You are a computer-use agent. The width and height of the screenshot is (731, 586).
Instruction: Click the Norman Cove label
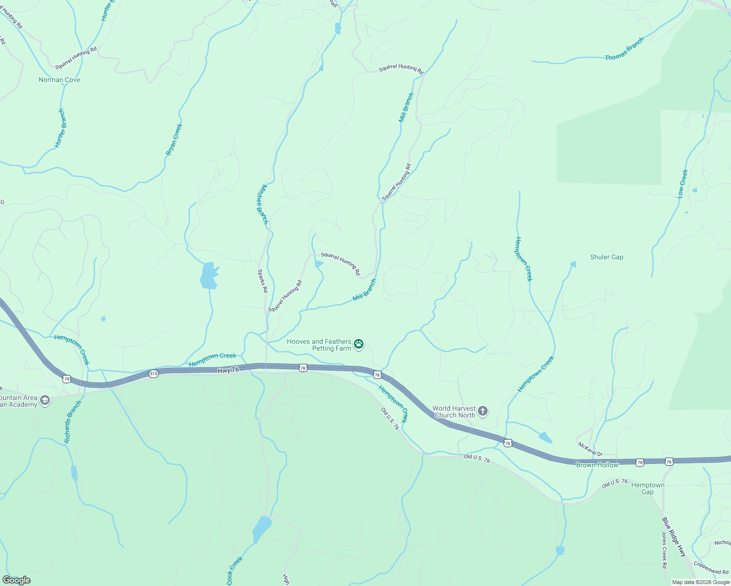[x=59, y=80]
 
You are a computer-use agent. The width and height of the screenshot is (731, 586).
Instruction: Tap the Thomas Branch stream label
[x=624, y=50]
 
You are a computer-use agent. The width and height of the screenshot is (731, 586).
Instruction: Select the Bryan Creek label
[x=174, y=140]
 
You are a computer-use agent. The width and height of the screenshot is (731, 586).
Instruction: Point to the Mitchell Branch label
[x=262, y=204]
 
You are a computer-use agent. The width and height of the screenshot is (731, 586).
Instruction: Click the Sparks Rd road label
[x=262, y=281]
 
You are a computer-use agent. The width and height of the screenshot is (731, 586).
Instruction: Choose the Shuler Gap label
[x=606, y=257]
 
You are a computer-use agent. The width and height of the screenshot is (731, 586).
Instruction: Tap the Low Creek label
[x=683, y=184]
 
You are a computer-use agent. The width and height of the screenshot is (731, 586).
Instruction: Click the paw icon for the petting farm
[x=359, y=344]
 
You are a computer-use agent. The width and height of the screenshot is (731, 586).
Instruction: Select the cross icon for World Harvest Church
[x=482, y=411]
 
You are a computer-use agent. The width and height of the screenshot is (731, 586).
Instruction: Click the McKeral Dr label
[x=590, y=449]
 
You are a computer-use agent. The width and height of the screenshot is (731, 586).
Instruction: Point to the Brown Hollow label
[x=597, y=465]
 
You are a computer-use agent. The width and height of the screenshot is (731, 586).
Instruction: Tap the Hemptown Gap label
[x=647, y=488]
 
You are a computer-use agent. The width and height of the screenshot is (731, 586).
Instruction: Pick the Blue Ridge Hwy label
[x=674, y=537]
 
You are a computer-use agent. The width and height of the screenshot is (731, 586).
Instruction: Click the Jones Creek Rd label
[x=664, y=550]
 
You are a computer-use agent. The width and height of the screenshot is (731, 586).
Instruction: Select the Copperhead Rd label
[x=711, y=569]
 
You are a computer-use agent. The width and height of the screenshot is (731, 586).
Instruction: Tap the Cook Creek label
[x=235, y=570]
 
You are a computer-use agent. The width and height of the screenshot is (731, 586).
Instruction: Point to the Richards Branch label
[x=73, y=422]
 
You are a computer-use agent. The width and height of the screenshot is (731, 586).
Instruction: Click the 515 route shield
[x=153, y=374]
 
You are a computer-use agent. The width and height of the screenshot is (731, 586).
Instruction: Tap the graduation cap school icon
[x=45, y=401]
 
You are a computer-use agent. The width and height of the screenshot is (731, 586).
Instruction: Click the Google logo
[x=17, y=580]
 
